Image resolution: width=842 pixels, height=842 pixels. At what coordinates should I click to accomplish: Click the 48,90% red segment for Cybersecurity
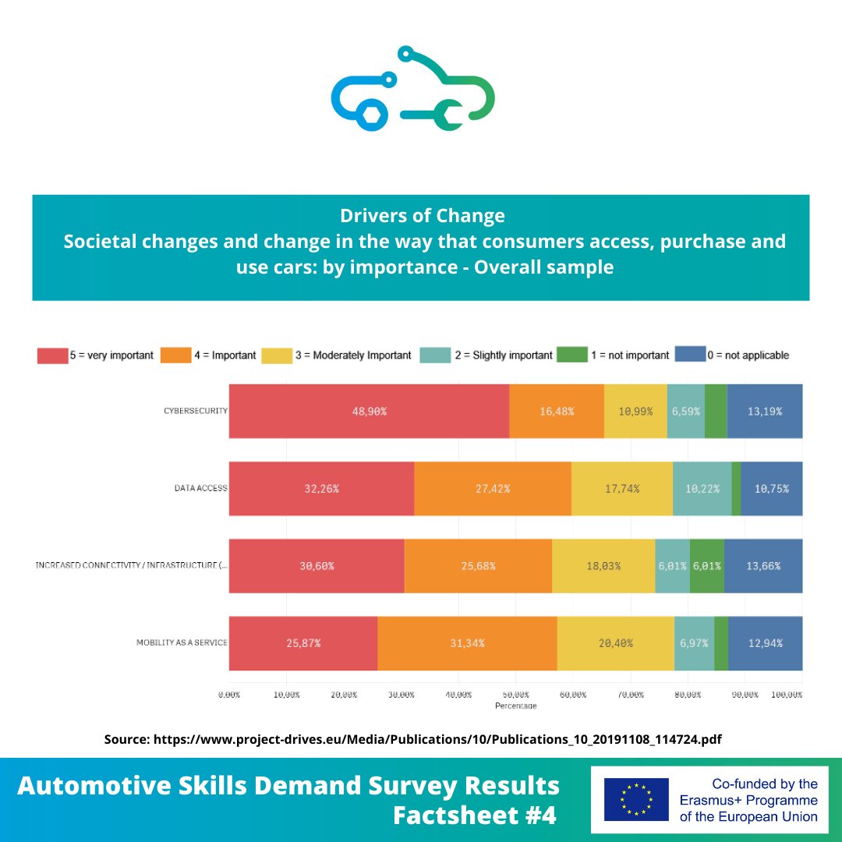369,411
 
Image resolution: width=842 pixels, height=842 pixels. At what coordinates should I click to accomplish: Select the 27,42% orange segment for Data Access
492,489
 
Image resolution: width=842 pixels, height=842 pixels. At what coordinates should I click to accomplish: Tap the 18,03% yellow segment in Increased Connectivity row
603,566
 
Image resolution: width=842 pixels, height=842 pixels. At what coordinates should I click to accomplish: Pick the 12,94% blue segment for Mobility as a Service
765,643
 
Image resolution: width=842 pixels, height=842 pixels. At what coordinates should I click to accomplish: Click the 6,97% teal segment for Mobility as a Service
694,643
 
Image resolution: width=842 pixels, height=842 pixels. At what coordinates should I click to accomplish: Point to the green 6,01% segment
706,566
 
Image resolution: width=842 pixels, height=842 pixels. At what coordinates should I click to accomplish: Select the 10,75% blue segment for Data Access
771,489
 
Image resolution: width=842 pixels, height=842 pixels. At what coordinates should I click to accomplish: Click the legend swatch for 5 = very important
52,356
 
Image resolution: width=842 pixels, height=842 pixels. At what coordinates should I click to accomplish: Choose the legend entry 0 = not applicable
747,356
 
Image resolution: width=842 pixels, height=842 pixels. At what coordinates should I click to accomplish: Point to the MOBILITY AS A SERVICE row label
182,643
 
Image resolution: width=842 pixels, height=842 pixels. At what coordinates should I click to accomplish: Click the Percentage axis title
515,706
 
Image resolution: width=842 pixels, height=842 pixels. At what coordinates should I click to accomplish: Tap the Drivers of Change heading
422,216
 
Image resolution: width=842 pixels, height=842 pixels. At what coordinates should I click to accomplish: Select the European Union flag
636,799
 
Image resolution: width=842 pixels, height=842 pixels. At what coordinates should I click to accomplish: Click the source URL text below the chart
413,739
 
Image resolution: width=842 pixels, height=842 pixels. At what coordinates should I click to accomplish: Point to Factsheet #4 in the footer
475,815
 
